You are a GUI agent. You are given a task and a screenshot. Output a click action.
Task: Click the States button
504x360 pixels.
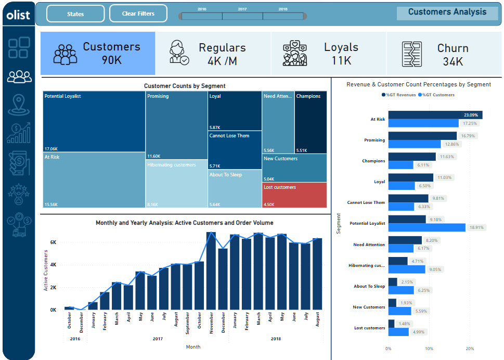(x=75, y=14)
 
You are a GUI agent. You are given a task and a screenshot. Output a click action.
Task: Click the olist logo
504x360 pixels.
(x=18, y=15)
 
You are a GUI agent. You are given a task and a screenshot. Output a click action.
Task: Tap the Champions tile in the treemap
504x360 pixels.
(x=311, y=122)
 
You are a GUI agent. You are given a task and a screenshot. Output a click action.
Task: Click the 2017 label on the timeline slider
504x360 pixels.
(x=242, y=9)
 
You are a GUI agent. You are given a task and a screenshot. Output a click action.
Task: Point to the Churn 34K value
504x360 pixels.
(x=453, y=61)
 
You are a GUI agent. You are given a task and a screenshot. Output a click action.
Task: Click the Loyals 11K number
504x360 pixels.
(x=341, y=60)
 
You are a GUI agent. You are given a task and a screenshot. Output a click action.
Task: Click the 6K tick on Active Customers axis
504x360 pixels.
(x=53, y=242)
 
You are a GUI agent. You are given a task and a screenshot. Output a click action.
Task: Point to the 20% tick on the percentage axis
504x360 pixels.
(x=470, y=349)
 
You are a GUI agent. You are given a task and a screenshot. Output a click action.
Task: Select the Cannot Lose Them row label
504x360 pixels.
(x=366, y=202)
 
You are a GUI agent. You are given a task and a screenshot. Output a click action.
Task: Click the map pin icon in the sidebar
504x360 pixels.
(x=19, y=105)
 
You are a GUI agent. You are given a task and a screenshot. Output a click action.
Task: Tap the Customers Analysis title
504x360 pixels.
(x=447, y=12)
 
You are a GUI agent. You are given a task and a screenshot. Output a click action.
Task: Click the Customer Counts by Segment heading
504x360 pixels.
(x=185, y=86)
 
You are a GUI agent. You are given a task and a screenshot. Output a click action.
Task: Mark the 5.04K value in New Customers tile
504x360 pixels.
(x=268, y=179)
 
